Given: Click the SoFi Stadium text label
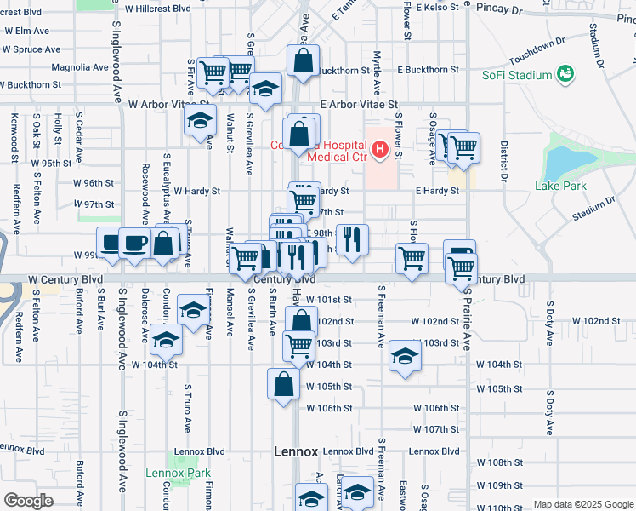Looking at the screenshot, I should click(x=517, y=76).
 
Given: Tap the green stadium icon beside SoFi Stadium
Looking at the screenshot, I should click(x=563, y=76).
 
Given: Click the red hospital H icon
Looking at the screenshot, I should click(x=379, y=152).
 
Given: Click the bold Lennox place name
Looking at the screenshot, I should click(x=296, y=451).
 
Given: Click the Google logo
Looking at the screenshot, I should click(x=27, y=501).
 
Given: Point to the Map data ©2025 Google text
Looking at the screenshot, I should click(x=582, y=504).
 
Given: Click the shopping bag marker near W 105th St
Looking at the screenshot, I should click(x=283, y=384).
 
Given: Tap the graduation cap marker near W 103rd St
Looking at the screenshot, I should click(x=406, y=357).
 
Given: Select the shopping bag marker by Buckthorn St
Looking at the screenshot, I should click(x=303, y=61).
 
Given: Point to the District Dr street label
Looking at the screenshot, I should click(x=503, y=162).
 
